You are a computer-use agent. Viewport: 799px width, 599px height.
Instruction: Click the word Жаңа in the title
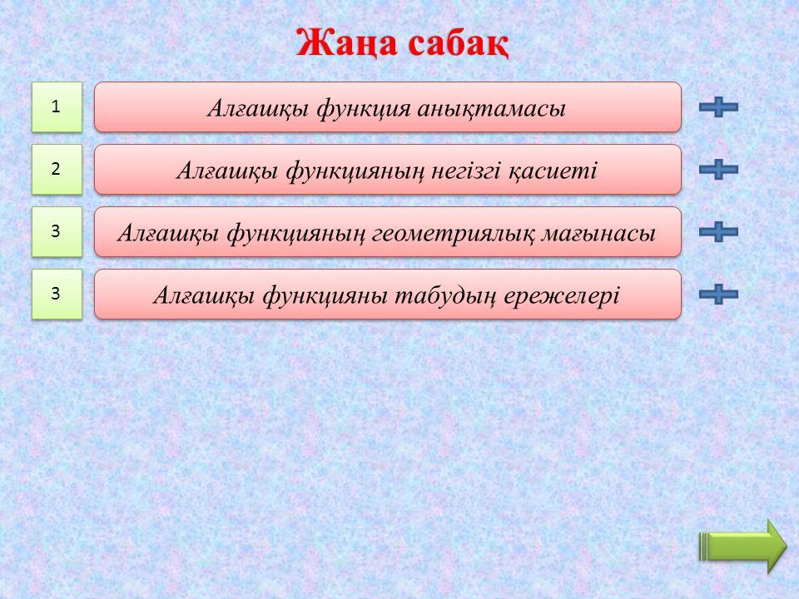(x=346, y=44)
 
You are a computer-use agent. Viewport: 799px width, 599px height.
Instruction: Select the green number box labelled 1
(x=57, y=107)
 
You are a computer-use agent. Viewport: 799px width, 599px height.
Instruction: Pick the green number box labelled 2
(x=57, y=169)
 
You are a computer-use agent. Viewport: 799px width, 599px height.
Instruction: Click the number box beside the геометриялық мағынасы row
(x=57, y=232)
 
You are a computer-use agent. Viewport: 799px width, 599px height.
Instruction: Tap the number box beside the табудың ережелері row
(x=57, y=294)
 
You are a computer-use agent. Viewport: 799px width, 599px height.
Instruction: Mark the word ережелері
(x=562, y=296)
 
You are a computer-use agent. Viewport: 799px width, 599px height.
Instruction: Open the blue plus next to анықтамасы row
(x=718, y=107)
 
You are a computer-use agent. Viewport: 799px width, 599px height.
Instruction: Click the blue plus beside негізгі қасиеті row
(x=718, y=169)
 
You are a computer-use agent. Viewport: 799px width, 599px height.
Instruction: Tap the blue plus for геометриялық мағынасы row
(x=718, y=232)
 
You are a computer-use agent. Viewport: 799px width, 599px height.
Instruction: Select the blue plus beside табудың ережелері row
(x=718, y=294)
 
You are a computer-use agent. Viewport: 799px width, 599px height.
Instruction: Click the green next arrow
(x=742, y=546)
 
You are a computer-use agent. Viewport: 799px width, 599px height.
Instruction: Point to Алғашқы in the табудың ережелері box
(x=204, y=296)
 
